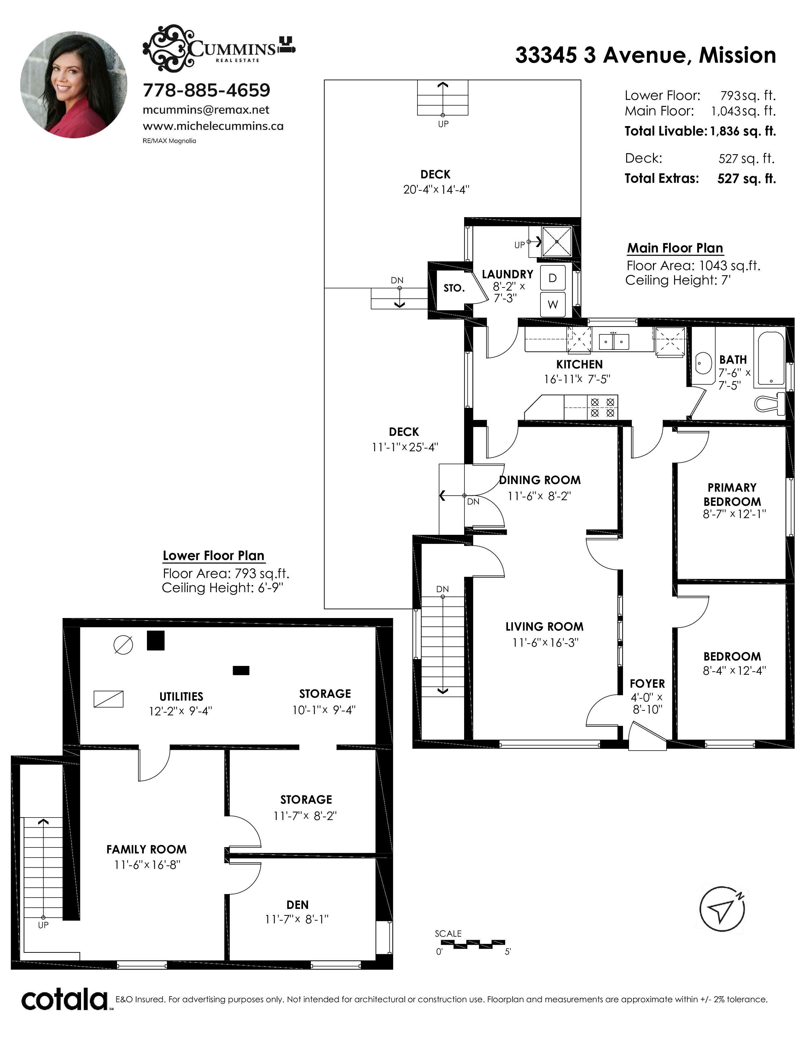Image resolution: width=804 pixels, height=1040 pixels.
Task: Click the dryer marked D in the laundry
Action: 552,278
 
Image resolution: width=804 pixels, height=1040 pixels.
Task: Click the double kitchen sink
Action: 614,341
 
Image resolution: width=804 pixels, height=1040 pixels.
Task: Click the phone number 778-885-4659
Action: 206,90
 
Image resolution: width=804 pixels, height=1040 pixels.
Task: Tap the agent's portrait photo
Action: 74,85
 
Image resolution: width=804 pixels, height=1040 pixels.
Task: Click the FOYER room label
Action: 647,683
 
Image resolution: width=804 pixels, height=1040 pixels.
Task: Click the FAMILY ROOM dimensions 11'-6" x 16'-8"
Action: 147,865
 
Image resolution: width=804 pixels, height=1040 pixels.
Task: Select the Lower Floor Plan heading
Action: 213,556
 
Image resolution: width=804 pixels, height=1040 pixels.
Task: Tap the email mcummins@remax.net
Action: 206,110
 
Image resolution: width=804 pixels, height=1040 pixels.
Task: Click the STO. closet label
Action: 454,288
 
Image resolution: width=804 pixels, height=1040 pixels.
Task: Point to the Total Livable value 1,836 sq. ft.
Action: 743,131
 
